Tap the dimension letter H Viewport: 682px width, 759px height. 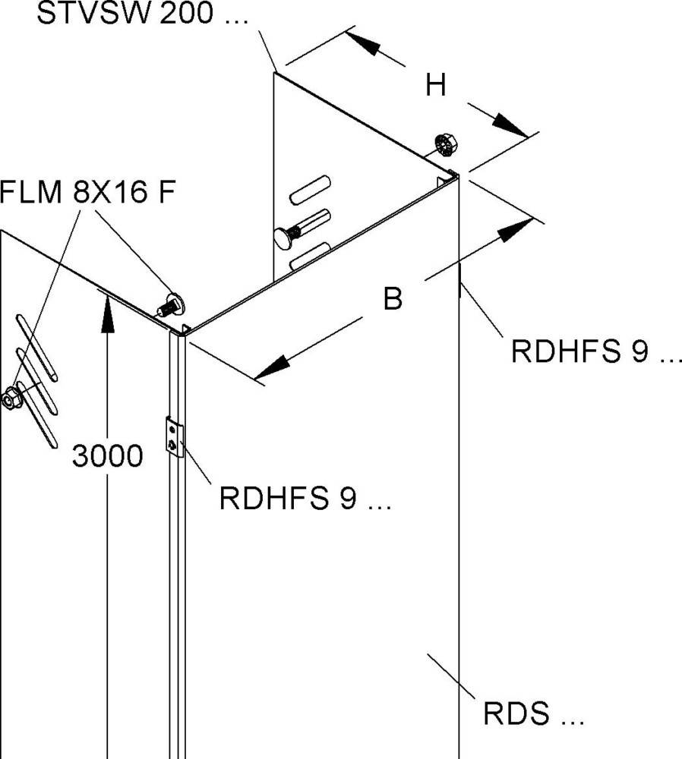pyautogui.click(x=435, y=86)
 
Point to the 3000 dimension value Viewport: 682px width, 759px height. pyautogui.click(x=108, y=456)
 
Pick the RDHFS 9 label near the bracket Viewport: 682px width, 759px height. pyautogui.click(x=305, y=499)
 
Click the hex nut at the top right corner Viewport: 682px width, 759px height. pyautogui.click(x=444, y=143)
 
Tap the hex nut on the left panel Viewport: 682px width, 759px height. pyautogui.click(x=11, y=397)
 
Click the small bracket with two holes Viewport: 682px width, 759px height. pyautogui.click(x=175, y=438)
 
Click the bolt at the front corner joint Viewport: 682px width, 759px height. pyautogui.click(x=172, y=305)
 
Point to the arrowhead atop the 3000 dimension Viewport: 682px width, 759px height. pyautogui.click(x=108, y=310)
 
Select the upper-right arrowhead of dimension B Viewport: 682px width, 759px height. pyautogui.click(x=516, y=228)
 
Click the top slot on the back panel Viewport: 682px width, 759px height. pyautogui.click(x=310, y=188)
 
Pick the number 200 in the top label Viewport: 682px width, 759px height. pyautogui.click(x=185, y=16)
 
